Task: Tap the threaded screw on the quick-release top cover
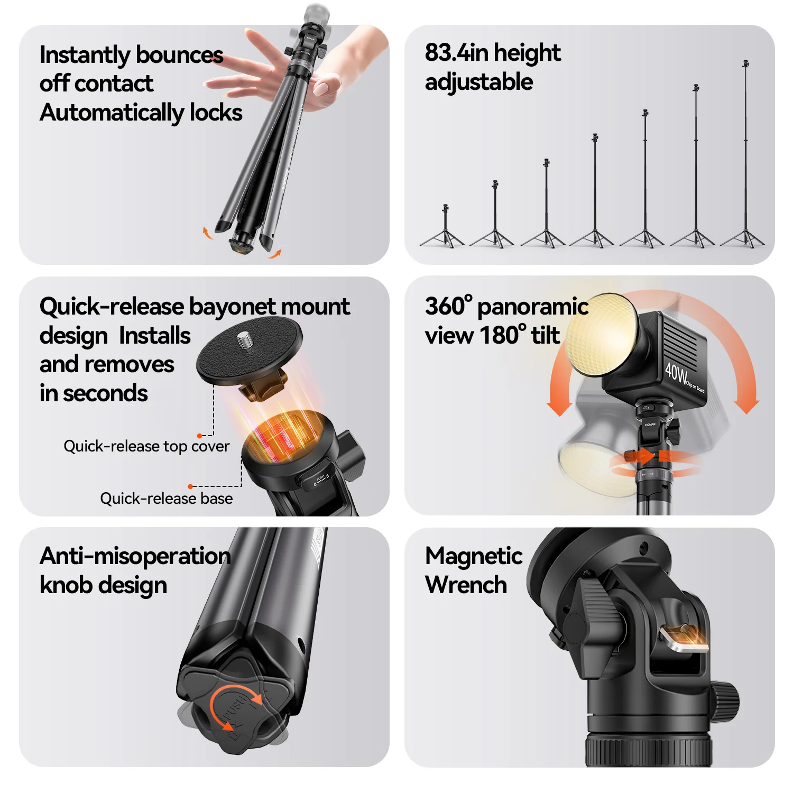[x=244, y=340]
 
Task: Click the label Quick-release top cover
[x=146, y=446]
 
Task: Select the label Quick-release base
[x=166, y=499]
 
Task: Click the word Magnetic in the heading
[x=474, y=556]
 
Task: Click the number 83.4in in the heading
[x=456, y=53]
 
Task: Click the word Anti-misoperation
[x=135, y=556]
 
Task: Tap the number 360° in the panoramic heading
[x=448, y=307]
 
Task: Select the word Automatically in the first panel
[x=111, y=113]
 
